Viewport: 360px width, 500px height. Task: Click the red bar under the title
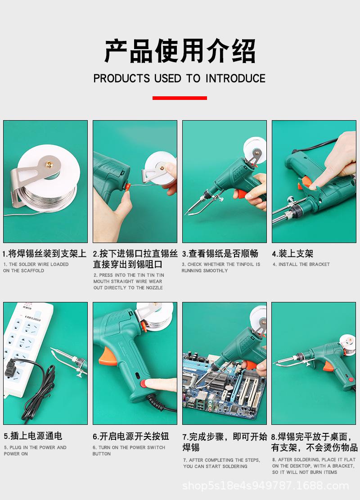click(x=180, y=98)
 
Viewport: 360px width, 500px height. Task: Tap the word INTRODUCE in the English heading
click(x=235, y=78)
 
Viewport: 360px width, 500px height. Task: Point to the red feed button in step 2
click(x=127, y=186)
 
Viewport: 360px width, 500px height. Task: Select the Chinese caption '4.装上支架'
click(x=292, y=253)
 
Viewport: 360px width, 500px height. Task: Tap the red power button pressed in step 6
click(x=144, y=383)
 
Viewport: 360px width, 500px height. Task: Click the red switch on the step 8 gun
click(x=351, y=379)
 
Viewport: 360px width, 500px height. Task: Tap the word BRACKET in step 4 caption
click(x=319, y=264)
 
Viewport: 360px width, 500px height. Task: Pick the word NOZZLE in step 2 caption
click(x=154, y=288)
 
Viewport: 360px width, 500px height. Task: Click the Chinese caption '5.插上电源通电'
click(x=33, y=436)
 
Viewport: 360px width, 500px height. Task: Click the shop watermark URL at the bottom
click(x=265, y=486)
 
